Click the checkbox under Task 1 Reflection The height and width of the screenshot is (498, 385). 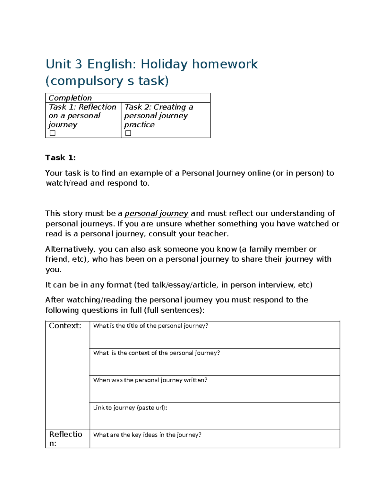tap(53, 133)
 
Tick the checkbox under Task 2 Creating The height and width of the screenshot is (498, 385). tap(128, 133)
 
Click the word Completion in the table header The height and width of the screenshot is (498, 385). tap(70, 98)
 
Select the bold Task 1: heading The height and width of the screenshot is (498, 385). tap(60, 157)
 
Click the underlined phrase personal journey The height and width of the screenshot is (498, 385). tap(156, 214)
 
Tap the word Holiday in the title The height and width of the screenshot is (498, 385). tap(164, 64)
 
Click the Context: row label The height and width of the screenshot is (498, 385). tap(65, 326)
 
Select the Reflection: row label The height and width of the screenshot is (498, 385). tap(65, 439)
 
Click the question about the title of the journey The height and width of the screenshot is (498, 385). tap(150, 326)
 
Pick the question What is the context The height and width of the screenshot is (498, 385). tap(156, 353)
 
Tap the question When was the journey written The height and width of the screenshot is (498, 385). tap(150, 380)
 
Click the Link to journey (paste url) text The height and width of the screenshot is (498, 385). tap(130, 408)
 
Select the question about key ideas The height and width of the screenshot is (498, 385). tap(147, 435)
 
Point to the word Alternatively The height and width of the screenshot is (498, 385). tap(70, 249)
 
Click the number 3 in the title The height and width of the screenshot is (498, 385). tap(79, 64)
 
